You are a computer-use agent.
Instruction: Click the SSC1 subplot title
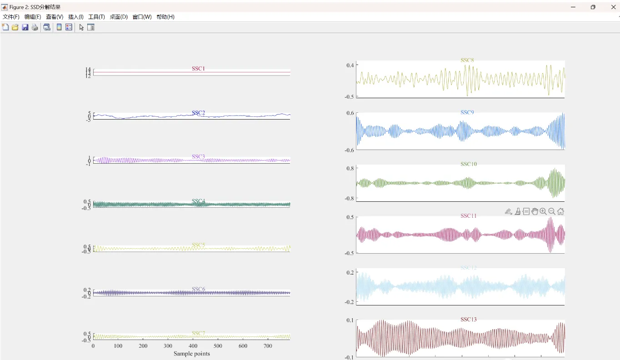[198, 69]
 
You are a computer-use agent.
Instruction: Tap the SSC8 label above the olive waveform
[467, 60]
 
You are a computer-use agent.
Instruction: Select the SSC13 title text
[468, 320]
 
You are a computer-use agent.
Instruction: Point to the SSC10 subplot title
[469, 164]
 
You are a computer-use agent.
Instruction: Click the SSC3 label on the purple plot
[198, 157]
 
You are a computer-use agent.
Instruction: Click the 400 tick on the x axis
[193, 346]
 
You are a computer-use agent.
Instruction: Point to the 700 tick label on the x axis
[268, 346]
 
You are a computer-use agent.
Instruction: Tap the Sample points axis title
[192, 354]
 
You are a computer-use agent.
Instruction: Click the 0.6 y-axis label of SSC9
[350, 113]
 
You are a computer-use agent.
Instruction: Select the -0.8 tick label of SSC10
[348, 199]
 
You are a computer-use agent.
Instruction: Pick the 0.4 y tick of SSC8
[350, 65]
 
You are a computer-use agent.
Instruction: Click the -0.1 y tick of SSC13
[348, 357]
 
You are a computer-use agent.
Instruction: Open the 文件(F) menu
[11, 17]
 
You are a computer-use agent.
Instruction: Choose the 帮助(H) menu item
[165, 17]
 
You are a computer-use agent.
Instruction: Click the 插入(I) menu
[75, 17]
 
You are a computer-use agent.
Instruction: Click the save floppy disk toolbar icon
[25, 27]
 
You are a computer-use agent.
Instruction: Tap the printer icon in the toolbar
[35, 27]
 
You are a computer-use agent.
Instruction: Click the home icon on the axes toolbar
[560, 211]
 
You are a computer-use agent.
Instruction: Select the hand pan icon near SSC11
[535, 211]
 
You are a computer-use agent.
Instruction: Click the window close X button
[613, 7]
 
